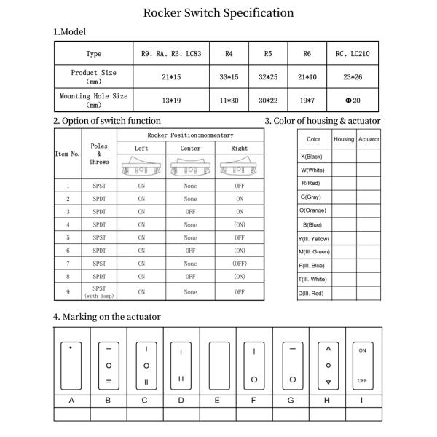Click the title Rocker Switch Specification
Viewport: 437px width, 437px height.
click(x=219, y=12)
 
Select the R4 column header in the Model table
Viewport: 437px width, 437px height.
click(x=229, y=53)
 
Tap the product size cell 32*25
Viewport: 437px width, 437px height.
click(x=269, y=76)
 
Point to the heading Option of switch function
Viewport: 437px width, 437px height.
click(x=107, y=121)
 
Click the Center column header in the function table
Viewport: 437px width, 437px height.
click(x=190, y=148)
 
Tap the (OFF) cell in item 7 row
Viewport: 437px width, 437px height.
click(x=240, y=264)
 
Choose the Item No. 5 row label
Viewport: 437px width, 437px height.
click(x=68, y=237)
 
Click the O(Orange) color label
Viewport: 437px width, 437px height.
click(x=313, y=211)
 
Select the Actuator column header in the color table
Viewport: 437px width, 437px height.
click(x=369, y=139)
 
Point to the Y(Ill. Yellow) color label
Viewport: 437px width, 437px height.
click(x=313, y=238)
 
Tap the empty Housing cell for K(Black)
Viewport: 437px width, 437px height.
click(x=344, y=157)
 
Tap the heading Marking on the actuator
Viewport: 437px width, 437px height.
click(x=107, y=317)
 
